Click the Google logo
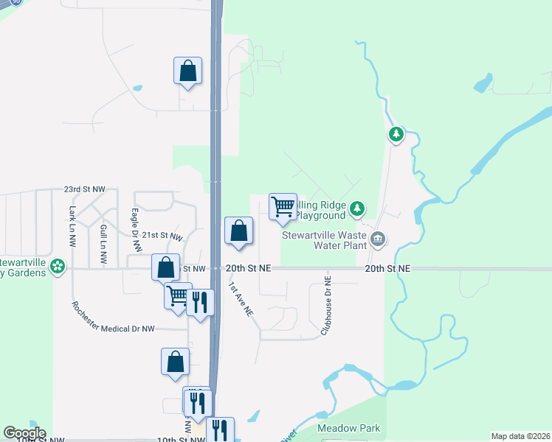[24, 433]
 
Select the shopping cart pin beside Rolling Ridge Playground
[283, 208]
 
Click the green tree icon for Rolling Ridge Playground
[357, 208]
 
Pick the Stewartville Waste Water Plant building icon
[378, 238]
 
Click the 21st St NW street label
[162, 236]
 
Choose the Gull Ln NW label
[103, 244]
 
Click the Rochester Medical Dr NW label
[113, 318]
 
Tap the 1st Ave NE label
[241, 301]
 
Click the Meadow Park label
[338, 428]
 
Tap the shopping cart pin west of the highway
[178, 296]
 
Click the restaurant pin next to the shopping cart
[199, 303]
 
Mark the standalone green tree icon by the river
[397, 134]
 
